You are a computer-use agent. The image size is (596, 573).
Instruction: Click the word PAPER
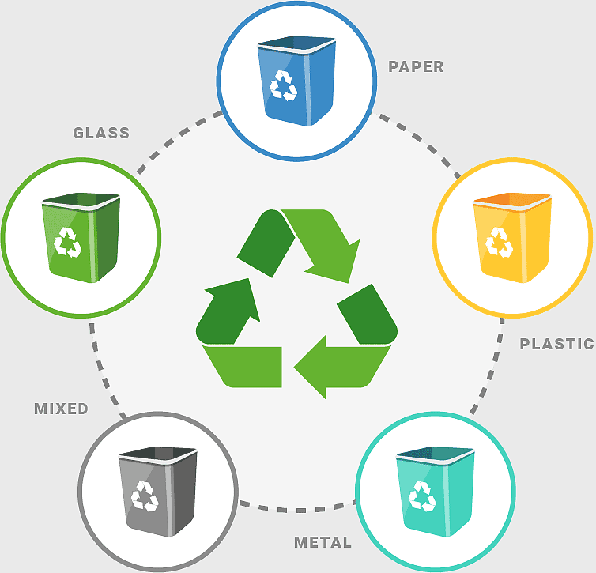pos(416,66)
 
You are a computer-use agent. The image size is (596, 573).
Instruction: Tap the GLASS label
pos(101,133)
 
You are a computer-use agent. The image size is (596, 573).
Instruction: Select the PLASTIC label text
pos(556,344)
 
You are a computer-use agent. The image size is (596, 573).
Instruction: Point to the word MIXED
pos(61,409)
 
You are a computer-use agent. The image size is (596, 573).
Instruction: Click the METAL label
pos(323,542)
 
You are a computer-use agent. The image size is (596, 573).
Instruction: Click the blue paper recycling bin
pos(296,81)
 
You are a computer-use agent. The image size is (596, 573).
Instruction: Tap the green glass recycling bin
pos(81,238)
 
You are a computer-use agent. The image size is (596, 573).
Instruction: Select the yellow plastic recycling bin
pos(512,238)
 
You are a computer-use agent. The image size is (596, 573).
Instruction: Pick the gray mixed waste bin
pos(158,492)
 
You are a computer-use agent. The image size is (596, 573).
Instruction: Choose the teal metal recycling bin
pos(436,492)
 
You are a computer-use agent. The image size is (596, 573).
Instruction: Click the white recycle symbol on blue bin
pos(283,86)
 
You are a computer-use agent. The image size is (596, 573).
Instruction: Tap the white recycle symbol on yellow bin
pos(499,243)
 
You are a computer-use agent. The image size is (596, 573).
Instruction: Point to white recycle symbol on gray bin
pos(145,496)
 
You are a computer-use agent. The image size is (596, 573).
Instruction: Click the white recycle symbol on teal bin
pos(422,496)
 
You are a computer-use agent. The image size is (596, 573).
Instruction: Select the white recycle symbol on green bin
pos(68,243)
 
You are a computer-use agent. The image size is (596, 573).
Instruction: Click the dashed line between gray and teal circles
pos(297,510)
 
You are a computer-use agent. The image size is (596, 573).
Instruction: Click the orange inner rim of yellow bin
pos(511,198)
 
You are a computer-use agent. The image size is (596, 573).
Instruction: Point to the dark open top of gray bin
pos(158,453)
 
